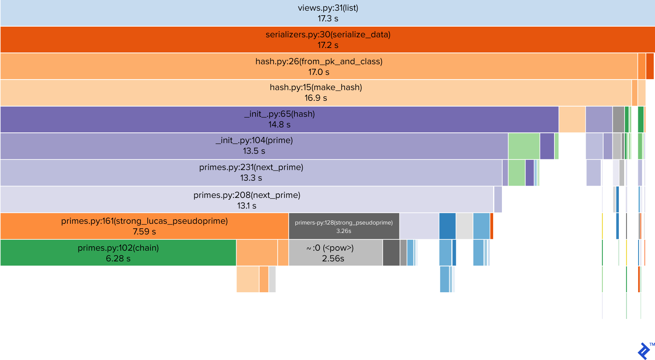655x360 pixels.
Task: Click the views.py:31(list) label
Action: (328, 8)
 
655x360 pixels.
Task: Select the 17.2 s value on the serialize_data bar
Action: (328, 45)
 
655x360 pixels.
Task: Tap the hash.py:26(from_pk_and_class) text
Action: (319, 61)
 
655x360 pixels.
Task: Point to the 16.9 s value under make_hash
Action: (316, 98)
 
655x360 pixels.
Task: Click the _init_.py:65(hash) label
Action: (280, 114)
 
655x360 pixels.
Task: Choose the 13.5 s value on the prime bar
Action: (254, 151)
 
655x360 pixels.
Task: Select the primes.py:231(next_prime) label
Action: (251, 167)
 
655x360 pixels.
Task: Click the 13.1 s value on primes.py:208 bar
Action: (247, 206)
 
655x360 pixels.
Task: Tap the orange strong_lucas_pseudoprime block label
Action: (144, 221)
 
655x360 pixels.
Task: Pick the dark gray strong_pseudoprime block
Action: (343, 226)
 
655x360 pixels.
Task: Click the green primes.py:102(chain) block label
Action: (118, 248)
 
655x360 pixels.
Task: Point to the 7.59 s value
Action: (144, 232)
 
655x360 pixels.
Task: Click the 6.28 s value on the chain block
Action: (118, 259)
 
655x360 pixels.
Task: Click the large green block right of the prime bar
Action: (524, 146)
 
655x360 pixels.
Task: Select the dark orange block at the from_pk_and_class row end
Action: (650, 66)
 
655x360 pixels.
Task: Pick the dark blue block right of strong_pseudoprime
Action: (447, 226)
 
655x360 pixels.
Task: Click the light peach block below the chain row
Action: (248, 279)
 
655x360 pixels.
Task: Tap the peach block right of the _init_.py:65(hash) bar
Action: (572, 119)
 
